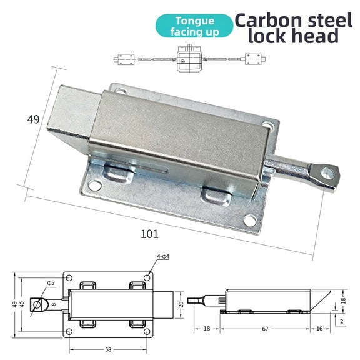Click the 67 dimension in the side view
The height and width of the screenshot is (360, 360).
click(266, 328)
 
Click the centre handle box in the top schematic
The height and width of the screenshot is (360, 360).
click(188, 59)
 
